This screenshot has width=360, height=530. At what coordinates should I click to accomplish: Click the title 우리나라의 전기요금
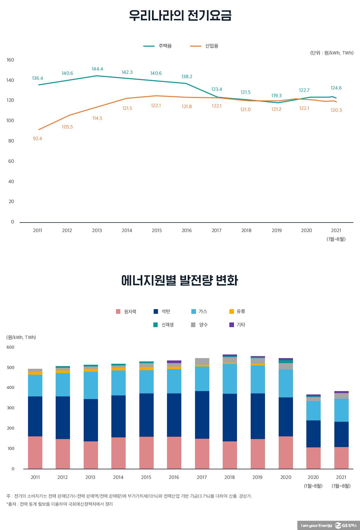click(180, 16)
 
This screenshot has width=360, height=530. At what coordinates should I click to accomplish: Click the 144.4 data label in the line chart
click(97, 69)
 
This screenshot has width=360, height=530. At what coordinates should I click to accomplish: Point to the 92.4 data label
click(37, 139)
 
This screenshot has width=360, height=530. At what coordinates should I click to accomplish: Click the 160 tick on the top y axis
click(10, 60)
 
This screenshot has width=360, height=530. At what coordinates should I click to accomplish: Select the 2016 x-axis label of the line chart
click(187, 230)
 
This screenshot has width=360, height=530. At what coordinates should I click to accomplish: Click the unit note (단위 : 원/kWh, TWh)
click(331, 53)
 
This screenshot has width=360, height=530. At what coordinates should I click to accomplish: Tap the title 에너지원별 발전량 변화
click(180, 280)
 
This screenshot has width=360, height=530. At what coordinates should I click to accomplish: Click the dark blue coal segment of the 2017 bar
click(202, 415)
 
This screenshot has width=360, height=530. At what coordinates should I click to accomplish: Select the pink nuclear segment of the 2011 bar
click(35, 452)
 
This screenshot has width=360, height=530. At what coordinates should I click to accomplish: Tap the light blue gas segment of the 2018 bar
click(230, 378)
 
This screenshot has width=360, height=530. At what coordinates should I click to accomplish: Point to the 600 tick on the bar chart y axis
click(10, 347)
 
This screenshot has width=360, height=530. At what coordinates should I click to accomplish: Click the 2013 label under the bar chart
click(90, 477)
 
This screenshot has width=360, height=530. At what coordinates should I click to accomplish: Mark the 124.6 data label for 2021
click(336, 88)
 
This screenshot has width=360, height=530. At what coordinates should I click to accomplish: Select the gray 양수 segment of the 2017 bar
click(202, 361)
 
